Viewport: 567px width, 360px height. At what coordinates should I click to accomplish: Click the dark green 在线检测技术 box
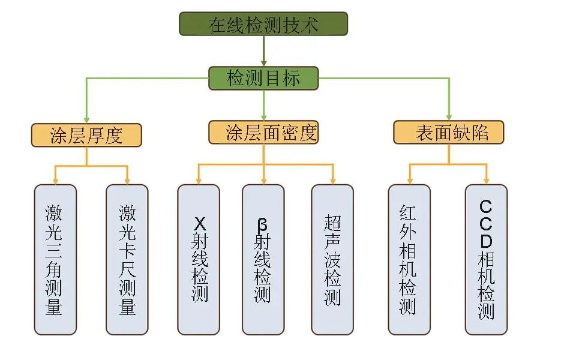pos(263,24)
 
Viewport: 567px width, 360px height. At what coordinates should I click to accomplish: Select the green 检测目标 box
pos(263,79)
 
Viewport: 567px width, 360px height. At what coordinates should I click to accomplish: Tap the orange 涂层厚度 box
pos(86,135)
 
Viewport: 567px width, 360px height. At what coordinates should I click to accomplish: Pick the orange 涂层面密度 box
pos(263,133)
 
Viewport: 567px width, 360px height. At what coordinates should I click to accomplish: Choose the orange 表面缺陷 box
pos(449,133)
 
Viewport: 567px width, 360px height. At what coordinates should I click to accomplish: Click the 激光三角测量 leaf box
pos(55,259)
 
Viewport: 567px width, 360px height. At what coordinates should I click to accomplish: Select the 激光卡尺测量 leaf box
pos(127,259)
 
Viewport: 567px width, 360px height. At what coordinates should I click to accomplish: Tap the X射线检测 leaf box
pos(199,259)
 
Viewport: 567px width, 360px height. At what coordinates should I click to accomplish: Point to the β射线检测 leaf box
pos(263,259)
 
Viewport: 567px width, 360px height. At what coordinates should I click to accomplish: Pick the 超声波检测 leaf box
pos(332,259)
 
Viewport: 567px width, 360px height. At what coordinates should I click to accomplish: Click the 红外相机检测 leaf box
pos(409,259)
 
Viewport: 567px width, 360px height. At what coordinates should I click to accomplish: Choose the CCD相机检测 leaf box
pos(486,259)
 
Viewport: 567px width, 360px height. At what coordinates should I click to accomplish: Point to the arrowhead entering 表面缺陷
pos(449,117)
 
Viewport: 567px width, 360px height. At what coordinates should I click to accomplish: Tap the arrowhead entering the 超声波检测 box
pos(332,181)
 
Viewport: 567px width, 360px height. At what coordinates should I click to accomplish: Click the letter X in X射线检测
pos(199,224)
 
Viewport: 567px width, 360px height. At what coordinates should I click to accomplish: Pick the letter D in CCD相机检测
pos(486,242)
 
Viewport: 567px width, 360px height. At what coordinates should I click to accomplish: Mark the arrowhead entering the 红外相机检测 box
pos(409,181)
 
